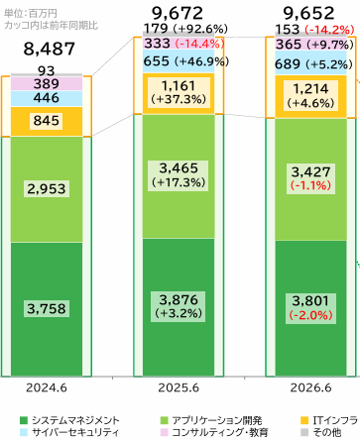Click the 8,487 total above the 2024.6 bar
(x=50, y=50)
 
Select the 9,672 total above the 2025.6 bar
(x=178, y=14)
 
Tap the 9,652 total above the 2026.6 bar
(x=309, y=14)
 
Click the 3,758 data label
(x=47, y=309)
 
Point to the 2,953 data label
(x=47, y=189)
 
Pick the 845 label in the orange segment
(x=47, y=121)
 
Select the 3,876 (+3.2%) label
(x=179, y=306)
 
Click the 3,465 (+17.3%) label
(x=179, y=175)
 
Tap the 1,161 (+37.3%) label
(x=179, y=92)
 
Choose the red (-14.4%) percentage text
(x=199, y=44)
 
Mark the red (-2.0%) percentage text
(x=310, y=315)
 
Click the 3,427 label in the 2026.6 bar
(x=310, y=172)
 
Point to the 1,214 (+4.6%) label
(x=310, y=95)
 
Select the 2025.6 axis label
(x=179, y=387)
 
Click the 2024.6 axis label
(x=47, y=387)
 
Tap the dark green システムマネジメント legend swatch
(x=24, y=420)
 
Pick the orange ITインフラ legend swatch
(x=304, y=420)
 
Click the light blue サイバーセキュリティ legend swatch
(x=24, y=432)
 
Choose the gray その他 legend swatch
(x=304, y=432)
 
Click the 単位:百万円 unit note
(x=31, y=14)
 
